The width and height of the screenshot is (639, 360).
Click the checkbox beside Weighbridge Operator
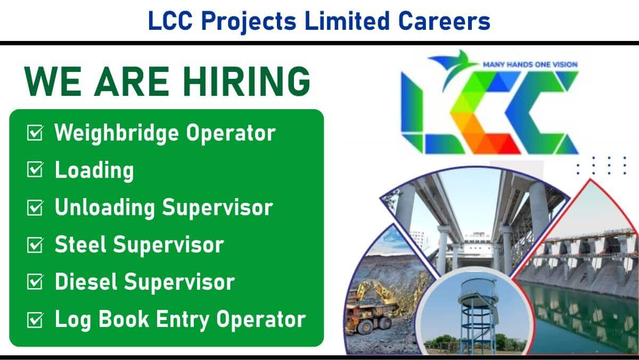point(35,133)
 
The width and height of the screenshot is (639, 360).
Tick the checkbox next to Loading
point(35,170)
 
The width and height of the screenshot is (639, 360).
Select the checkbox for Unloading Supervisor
point(35,207)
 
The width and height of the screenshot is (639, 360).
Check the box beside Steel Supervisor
point(35,245)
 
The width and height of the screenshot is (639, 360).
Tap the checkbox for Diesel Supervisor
point(35,282)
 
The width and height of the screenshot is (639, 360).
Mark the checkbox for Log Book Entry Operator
point(35,320)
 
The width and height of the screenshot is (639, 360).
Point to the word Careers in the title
point(444,21)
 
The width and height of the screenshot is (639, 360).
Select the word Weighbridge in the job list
point(117,133)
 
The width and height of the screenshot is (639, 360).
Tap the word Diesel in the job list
point(86,282)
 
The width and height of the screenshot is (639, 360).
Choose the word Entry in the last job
point(183,320)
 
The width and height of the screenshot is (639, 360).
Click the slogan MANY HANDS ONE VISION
point(530,65)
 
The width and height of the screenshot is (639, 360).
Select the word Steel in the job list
point(81,244)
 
